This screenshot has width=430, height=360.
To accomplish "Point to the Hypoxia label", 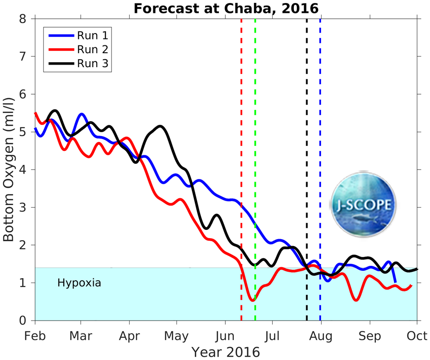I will [79, 283].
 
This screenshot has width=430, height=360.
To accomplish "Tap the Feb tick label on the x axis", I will [35, 336].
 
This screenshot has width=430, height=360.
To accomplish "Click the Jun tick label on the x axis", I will [225, 336].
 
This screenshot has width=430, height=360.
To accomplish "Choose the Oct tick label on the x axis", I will [417, 336].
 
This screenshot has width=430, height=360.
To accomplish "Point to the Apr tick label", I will [129, 336].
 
